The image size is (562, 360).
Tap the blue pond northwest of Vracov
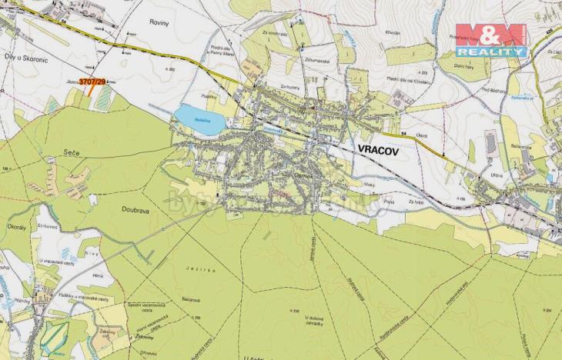click(199, 119)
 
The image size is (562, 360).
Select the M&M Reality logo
click(490, 40)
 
